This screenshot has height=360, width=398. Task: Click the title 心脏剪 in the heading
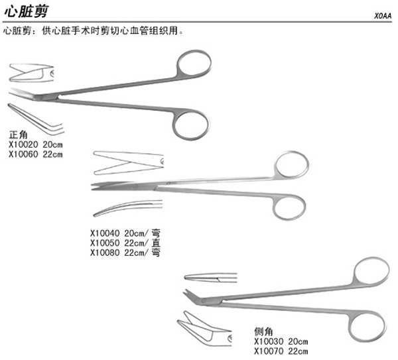point(26,11)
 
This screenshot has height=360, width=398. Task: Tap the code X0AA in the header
point(383,16)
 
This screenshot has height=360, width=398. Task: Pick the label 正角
point(18,135)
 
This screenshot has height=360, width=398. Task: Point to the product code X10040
point(105,233)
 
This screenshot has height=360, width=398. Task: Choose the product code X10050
point(105,243)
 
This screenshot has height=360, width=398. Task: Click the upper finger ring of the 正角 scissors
point(193,66)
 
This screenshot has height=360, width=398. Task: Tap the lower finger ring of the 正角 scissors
point(190,125)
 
